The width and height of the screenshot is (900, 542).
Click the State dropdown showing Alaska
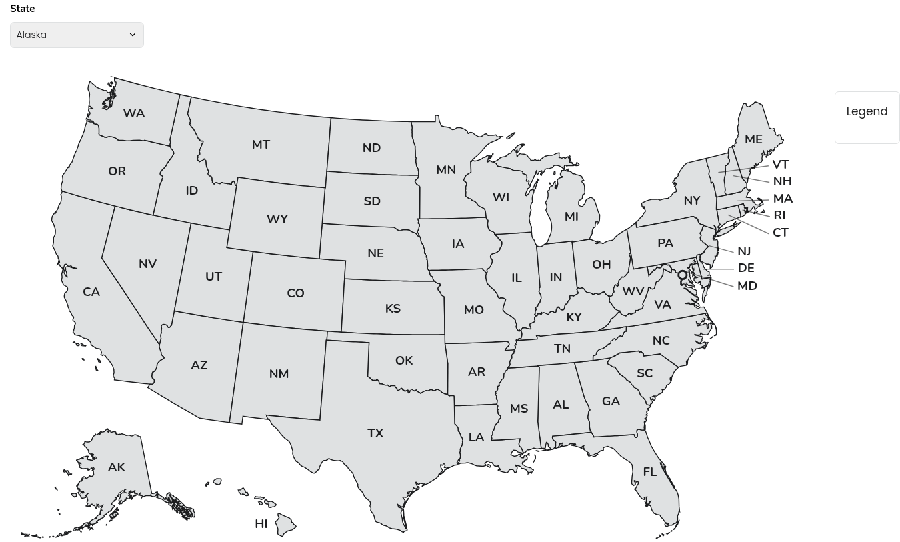pos(77,35)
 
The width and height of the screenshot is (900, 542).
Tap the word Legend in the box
pos(867,111)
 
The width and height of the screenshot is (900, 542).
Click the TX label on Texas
pos(375,433)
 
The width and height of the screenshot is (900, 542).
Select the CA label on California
pos(91,292)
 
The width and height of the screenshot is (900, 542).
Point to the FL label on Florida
pos(650,472)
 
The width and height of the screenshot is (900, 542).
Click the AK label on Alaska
pos(117,467)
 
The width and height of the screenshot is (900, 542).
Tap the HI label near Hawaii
pos(261,524)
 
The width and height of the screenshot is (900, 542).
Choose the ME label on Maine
pos(753,139)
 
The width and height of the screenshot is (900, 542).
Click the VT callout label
pos(780,165)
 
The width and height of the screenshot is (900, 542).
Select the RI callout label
pos(779,215)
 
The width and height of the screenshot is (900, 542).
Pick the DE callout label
pos(746,268)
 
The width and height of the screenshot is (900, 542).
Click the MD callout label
pos(747,286)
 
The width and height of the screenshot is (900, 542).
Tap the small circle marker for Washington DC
pos(682,275)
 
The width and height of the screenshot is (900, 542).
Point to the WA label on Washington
pos(134,113)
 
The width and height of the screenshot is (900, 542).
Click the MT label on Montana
pos(261,145)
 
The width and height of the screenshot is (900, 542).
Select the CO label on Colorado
pos(295,293)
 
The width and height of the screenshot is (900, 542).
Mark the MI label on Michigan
pos(571,217)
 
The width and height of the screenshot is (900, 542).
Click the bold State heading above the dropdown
pos(23,9)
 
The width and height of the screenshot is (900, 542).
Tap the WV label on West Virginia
pos(633,291)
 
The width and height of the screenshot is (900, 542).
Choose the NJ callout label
pos(744,251)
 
